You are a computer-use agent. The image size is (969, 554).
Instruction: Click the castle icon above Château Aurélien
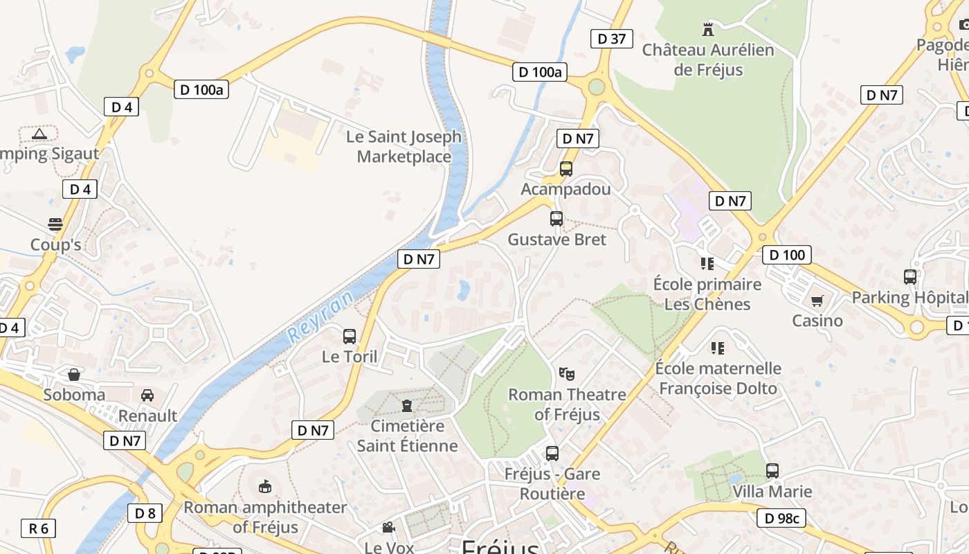[x=707, y=30]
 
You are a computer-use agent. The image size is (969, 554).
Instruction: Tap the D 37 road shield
[x=612, y=39]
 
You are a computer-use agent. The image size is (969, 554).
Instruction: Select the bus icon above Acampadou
[x=566, y=168]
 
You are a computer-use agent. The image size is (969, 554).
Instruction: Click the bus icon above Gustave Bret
[x=556, y=219]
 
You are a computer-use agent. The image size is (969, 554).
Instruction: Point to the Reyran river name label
[x=320, y=316]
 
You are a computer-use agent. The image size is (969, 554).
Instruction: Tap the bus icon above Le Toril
[x=350, y=337]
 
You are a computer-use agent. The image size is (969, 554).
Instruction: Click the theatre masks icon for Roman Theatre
[x=567, y=374]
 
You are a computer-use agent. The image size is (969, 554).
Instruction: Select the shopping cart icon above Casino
[x=817, y=301]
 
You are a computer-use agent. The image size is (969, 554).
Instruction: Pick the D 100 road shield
[x=787, y=255]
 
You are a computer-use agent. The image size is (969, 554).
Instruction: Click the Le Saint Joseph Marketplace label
[x=404, y=147]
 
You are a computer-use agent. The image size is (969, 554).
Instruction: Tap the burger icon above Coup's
[x=55, y=224]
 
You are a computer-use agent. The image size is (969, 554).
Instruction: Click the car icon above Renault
[x=147, y=395]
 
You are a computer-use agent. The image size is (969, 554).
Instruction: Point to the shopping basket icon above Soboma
[x=74, y=375]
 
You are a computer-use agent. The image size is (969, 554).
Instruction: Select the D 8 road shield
[x=145, y=513]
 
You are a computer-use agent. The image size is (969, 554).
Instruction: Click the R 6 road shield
[x=38, y=528]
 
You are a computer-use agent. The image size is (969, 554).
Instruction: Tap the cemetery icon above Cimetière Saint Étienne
[x=407, y=405]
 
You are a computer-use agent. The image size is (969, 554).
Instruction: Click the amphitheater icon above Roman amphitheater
[x=265, y=487]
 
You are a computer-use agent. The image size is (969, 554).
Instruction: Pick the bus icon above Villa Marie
[x=772, y=471]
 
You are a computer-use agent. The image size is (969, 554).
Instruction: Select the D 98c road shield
[x=781, y=518]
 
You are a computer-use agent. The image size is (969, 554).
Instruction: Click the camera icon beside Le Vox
[x=388, y=528]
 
